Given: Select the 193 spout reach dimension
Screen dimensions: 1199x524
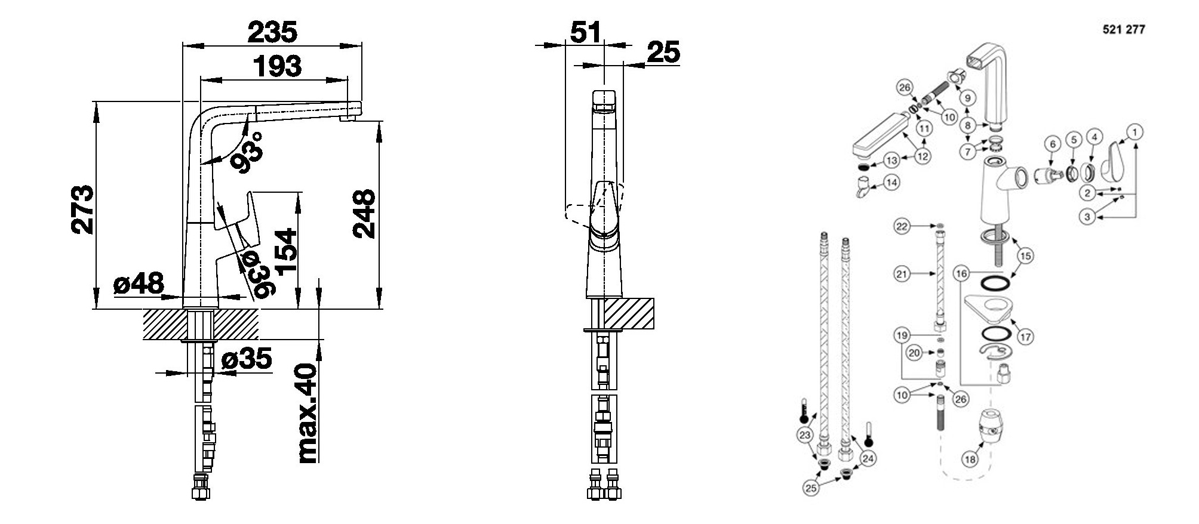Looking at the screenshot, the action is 276,66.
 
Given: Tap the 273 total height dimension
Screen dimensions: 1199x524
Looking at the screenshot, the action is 82,209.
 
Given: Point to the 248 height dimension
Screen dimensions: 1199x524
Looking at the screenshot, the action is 364,214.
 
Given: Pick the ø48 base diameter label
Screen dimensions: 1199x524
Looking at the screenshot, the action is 139,283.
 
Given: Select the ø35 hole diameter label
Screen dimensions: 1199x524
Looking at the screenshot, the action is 247,359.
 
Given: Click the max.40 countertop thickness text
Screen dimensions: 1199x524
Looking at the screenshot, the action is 308,413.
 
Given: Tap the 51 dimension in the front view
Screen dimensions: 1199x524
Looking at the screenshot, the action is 586,32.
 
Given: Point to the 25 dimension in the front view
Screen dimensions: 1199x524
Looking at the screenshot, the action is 663,53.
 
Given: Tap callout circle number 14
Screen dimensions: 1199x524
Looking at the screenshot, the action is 891,181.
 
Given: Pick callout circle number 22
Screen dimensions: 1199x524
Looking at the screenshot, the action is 902,226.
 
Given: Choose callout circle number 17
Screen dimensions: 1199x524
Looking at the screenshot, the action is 1025,337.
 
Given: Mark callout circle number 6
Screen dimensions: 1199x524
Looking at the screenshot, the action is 1053,144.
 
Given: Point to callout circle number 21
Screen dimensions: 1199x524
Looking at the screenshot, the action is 902,274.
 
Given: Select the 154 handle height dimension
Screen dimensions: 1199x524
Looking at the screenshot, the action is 287,250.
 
